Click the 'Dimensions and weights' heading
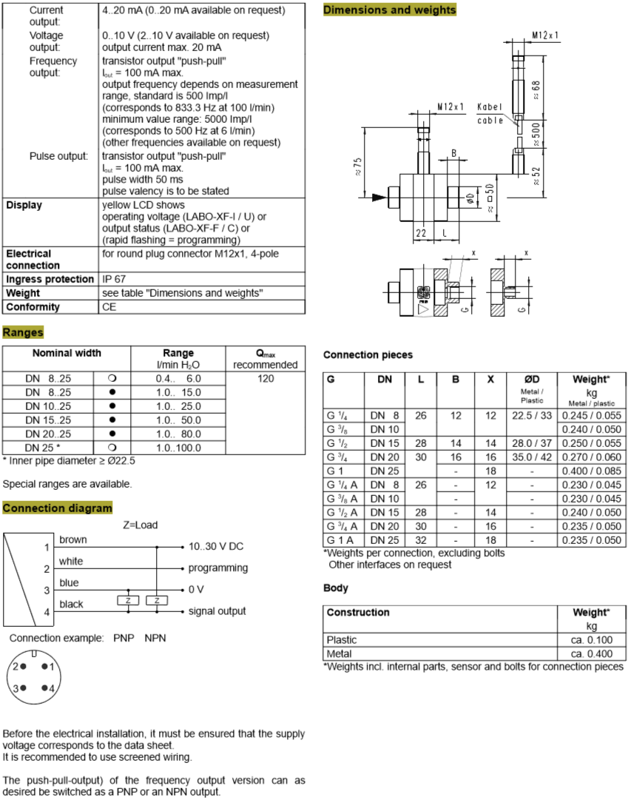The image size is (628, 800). tap(390, 10)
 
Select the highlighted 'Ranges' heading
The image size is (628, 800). tap(23, 332)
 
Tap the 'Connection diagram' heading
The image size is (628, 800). tap(58, 508)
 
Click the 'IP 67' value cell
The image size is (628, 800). tap(115, 279)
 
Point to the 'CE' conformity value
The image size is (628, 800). tap(109, 306)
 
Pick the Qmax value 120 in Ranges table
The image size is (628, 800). tap(266, 378)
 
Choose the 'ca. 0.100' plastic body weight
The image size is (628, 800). tap(591, 639)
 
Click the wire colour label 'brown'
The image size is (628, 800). tap(73, 540)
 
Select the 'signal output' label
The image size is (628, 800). tap(217, 611)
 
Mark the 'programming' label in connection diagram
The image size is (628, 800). tap(218, 568)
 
